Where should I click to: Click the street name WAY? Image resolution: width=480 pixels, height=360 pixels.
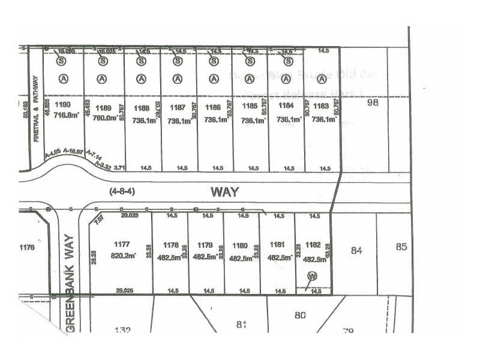(x=224, y=192)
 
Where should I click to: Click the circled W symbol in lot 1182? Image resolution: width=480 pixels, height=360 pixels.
(x=312, y=277)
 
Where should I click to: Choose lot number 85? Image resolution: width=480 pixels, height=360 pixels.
(x=402, y=246)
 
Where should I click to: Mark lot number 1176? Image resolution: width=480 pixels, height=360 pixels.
(x=28, y=246)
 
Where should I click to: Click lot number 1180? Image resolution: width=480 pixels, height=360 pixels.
(x=239, y=245)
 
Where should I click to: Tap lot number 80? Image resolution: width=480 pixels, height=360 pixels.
(x=301, y=314)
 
